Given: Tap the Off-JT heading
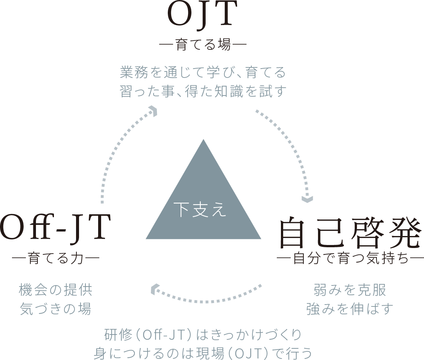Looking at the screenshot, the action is click(55, 226).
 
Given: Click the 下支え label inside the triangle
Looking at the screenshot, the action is click(200, 210).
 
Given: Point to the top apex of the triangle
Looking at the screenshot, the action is click(203, 140).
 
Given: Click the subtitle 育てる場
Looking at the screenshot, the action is click(203, 44).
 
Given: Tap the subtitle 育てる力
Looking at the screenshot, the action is click(55, 258).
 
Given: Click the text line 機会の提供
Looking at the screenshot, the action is click(56, 290).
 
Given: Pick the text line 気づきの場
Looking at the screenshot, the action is click(56, 309).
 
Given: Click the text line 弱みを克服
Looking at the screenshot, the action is click(350, 290).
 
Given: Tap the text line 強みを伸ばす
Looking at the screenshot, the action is click(350, 309).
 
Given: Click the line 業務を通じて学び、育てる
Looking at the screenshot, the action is click(203, 72).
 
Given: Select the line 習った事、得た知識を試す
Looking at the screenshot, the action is click(203, 91).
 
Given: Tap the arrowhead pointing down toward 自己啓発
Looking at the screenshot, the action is click(307, 199).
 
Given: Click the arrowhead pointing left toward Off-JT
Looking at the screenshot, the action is click(154, 290).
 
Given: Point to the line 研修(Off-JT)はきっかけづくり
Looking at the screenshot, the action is click(203, 335).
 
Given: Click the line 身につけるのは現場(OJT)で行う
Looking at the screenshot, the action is click(203, 353).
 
